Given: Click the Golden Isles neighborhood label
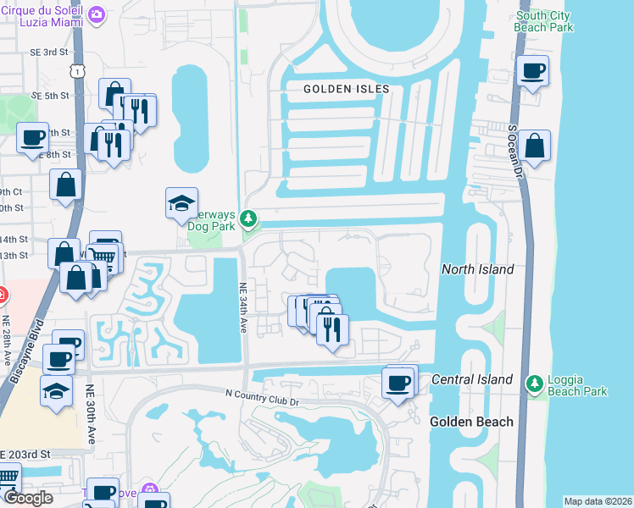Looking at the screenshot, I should click(348, 89).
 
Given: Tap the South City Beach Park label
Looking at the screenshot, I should click(545, 21).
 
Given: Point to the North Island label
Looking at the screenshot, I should click(477, 269).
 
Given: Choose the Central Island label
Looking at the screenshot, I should click(472, 378).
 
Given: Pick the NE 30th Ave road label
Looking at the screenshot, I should click(89, 416).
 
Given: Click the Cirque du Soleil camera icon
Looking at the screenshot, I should click(97, 14).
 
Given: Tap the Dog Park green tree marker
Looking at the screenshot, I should click(248, 219).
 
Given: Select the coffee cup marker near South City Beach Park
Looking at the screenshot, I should click(532, 71).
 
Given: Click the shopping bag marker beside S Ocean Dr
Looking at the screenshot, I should click(534, 145).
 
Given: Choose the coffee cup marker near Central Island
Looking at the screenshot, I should click(398, 384).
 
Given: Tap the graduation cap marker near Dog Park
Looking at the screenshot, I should click(181, 203).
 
